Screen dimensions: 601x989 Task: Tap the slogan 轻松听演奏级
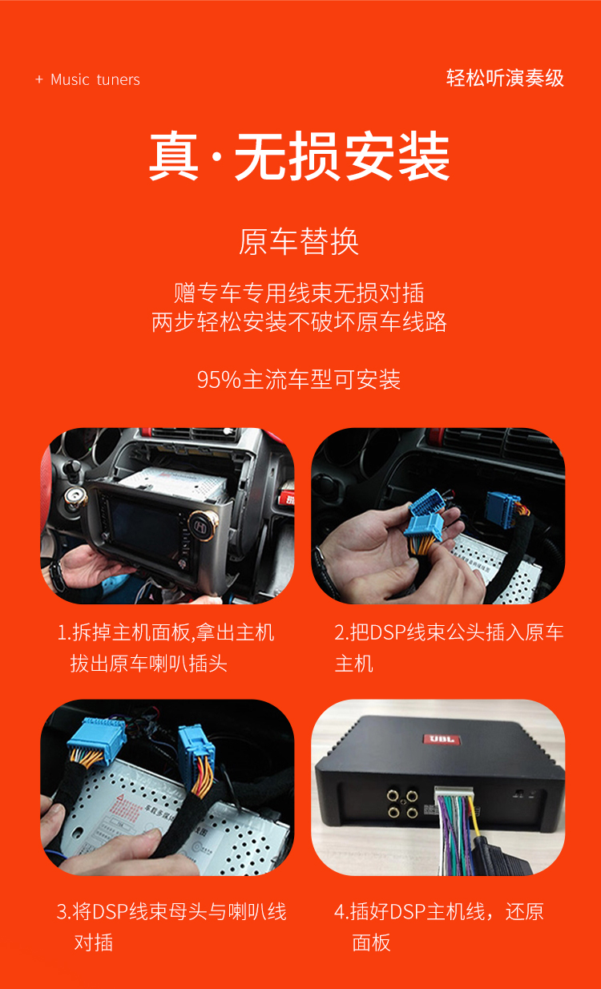[505, 78]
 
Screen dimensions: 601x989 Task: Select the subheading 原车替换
[299, 241]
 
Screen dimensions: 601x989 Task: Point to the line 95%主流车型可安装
[299, 379]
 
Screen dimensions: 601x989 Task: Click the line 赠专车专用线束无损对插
[299, 293]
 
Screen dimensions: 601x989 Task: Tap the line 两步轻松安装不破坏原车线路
[299, 322]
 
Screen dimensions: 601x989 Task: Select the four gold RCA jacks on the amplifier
[401, 804]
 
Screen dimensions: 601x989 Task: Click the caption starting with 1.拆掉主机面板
[166, 648]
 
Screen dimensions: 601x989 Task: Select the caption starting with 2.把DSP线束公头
[449, 648]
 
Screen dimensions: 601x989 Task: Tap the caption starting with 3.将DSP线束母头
[171, 926]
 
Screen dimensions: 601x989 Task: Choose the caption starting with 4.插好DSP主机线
[439, 926]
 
